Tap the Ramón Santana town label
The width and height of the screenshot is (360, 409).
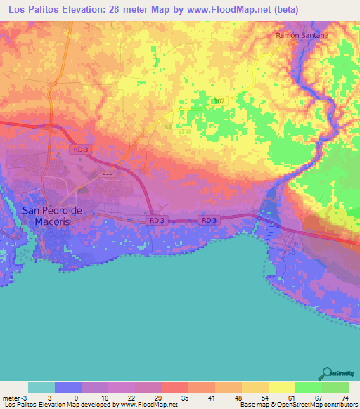[303, 34]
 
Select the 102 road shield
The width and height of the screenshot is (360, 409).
[219, 101]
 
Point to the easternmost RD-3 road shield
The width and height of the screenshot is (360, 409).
[208, 221]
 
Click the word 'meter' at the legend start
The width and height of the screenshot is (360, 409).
[10, 397]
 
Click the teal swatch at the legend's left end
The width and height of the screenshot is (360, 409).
[41, 387]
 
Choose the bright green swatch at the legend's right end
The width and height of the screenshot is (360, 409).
[335, 387]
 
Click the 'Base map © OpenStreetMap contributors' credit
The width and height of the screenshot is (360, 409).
[299, 405]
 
